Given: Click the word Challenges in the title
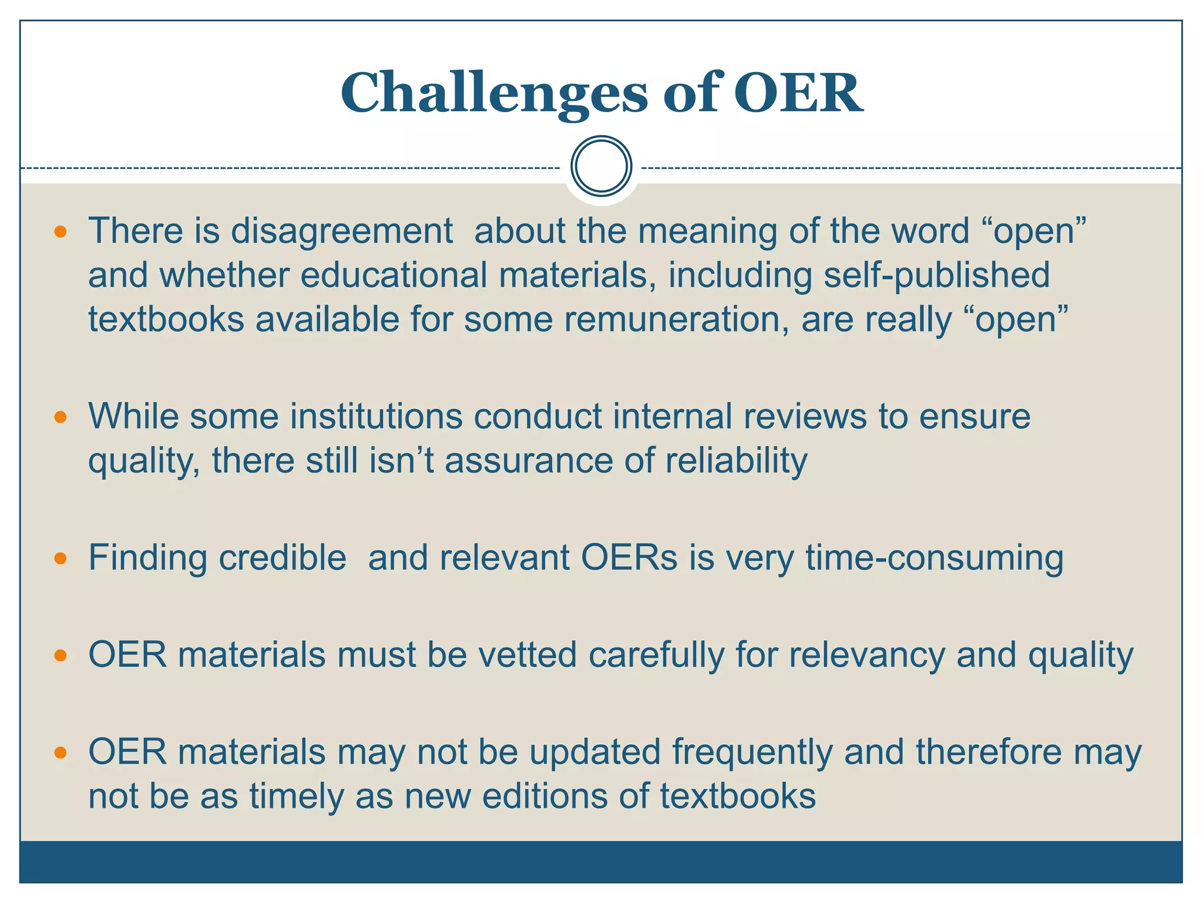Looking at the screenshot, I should pos(493,94).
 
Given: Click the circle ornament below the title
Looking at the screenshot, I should pos(601,166).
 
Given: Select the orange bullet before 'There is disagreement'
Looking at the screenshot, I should pos(60,231).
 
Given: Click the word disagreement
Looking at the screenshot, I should pos(341,231).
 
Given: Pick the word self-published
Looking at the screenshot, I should pos(936,275).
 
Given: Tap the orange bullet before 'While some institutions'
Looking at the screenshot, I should pos(60,417).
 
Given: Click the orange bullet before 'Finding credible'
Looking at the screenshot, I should pos(60,558).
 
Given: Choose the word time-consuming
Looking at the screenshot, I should pos(934,558).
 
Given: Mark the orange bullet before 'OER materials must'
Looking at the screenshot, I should pos(60,655).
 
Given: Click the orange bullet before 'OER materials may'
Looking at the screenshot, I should pos(60,752).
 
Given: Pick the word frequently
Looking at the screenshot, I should pos(752,752).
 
